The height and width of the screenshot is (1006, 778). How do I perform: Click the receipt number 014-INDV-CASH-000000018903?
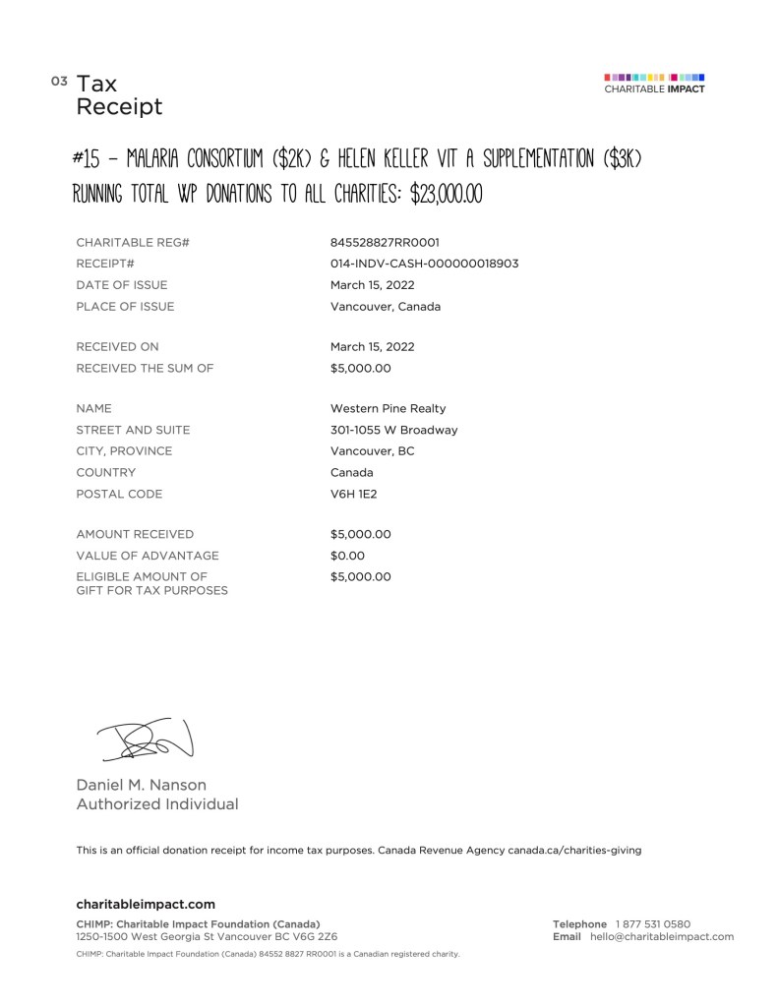[424, 264]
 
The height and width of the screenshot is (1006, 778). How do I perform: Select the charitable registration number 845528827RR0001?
[385, 242]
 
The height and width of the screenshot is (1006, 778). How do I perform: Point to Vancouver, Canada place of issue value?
[386, 307]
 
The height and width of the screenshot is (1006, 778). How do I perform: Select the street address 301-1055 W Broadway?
[393, 430]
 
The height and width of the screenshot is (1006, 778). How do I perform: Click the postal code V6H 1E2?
[353, 494]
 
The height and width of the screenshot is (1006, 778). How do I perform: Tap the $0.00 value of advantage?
[347, 556]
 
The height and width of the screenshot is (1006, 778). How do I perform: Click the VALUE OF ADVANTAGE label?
[147, 556]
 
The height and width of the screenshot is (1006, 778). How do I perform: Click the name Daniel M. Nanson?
[142, 785]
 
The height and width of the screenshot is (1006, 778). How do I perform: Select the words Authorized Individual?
[157, 804]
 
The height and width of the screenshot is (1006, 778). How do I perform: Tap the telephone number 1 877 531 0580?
[653, 923]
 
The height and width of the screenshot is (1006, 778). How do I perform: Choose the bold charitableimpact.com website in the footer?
[146, 904]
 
